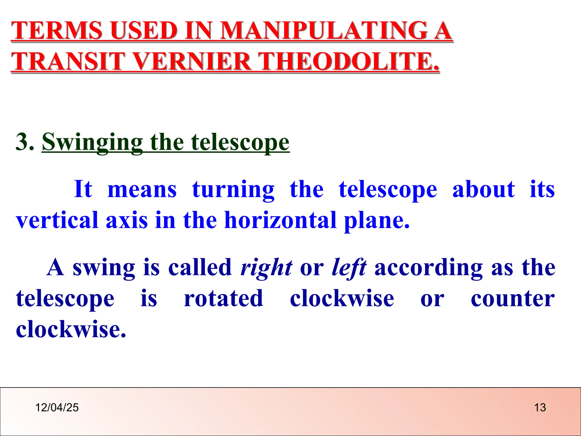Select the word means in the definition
(x=142, y=190)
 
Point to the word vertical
(x=57, y=220)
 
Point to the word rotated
(x=224, y=299)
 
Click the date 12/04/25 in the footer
(x=57, y=408)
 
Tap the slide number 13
(x=540, y=408)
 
